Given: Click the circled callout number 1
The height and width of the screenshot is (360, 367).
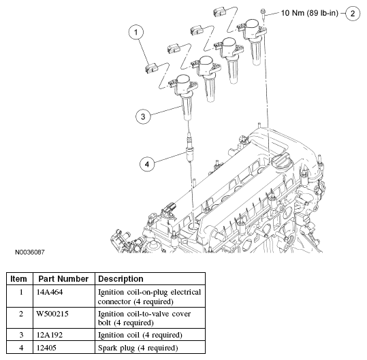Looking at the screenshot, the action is point(136,32).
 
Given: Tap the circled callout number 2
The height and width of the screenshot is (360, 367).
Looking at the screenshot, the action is point(353,14).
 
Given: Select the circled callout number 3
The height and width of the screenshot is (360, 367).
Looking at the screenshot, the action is point(143,116).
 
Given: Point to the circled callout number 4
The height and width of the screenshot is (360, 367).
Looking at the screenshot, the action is point(147,164).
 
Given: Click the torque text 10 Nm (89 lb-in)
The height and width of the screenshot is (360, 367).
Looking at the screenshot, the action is point(309,13).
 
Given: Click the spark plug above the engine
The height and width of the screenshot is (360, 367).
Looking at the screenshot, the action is point(189,147).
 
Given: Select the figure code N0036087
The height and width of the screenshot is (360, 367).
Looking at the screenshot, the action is point(30,252).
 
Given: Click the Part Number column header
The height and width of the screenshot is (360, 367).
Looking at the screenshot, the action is point(63,279).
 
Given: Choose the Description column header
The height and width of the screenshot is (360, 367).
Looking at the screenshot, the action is point(121,279).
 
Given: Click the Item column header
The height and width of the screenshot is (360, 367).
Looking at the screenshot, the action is point(19,279).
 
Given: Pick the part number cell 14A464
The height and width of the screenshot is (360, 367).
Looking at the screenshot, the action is point(50,292).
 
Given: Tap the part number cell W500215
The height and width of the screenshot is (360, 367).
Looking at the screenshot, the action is point(52,314).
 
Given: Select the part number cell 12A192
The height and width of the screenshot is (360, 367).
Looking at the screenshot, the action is point(50,335).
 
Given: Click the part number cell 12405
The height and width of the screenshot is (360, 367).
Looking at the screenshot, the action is point(46,348).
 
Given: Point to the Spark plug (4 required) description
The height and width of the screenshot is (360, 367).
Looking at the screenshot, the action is point(138,348).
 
